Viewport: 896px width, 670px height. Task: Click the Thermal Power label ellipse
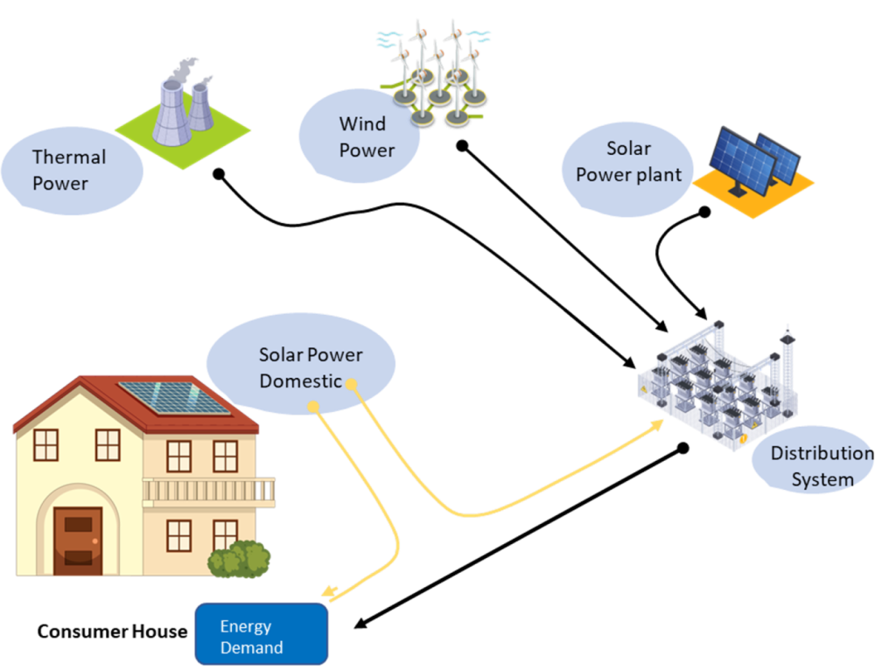point(70,171)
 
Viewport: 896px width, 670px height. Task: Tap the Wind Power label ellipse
point(359,137)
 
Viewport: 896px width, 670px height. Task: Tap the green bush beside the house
point(239,560)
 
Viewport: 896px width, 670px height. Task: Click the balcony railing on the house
point(209,492)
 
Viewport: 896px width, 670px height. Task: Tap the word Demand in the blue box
point(251,648)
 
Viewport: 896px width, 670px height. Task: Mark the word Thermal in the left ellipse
point(68,157)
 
